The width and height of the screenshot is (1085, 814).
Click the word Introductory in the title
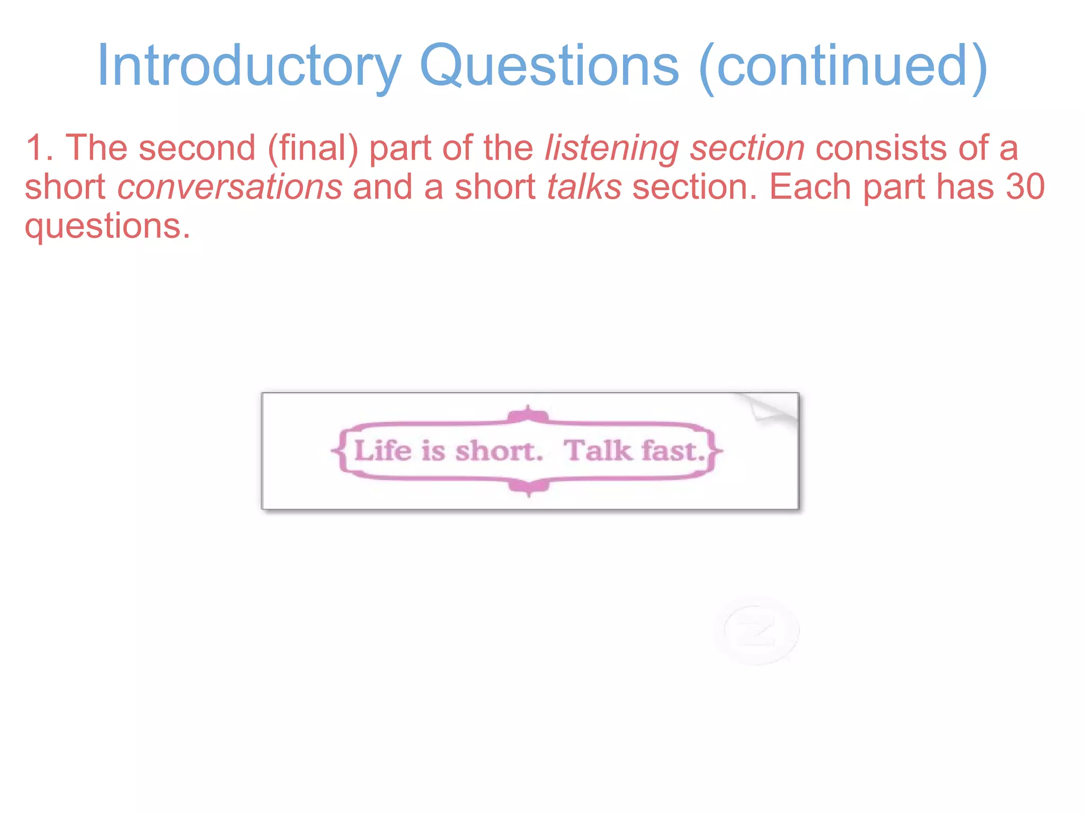click(x=249, y=66)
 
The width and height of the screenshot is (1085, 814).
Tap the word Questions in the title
click(x=549, y=66)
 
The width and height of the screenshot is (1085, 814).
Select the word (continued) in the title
click(x=843, y=66)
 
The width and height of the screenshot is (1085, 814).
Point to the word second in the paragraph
click(x=197, y=148)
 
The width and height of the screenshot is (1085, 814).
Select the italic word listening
click(x=611, y=148)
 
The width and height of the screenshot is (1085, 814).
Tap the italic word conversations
click(x=230, y=187)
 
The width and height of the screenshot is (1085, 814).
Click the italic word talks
click(x=584, y=187)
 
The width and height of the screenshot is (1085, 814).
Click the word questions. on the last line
click(x=108, y=226)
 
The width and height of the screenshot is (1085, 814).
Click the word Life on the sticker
click(x=383, y=451)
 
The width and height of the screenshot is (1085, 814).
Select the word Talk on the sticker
click(x=598, y=451)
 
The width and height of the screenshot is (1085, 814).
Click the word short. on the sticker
click(x=499, y=451)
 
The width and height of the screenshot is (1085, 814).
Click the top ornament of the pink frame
click(x=528, y=415)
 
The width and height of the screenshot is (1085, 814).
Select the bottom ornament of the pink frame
click(x=528, y=486)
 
